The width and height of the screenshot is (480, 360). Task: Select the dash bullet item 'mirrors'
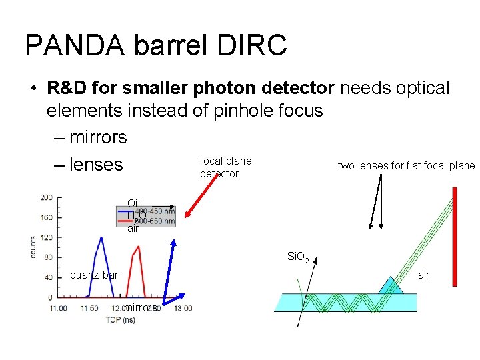[97, 137]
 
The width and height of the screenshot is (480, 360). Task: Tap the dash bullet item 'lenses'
[96, 164]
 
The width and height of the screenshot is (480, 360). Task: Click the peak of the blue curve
[100, 238]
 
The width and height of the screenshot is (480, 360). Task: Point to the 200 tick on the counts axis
[47, 198]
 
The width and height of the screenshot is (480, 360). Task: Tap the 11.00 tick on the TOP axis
[58, 308]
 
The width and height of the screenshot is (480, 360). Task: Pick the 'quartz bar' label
[94, 275]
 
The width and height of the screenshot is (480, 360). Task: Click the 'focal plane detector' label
[225, 167]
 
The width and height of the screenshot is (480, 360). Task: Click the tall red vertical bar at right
[454, 236]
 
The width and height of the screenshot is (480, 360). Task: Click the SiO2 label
[298, 256]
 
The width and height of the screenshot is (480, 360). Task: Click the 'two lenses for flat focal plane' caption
[405, 166]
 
